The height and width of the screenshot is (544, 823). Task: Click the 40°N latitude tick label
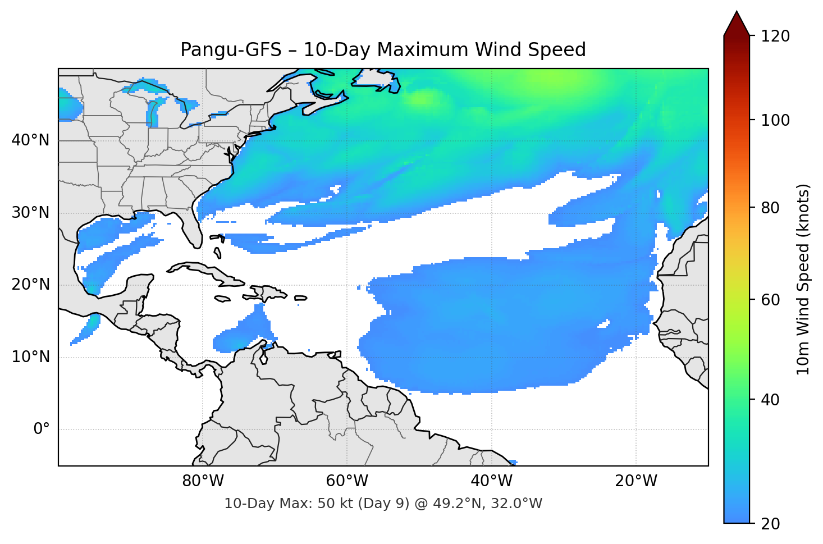pyautogui.click(x=30, y=140)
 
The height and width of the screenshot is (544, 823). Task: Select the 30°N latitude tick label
pyautogui.click(x=30, y=213)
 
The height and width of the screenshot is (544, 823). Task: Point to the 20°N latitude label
pyautogui.click(x=30, y=285)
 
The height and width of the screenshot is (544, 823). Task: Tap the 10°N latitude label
pyautogui.click(x=30, y=357)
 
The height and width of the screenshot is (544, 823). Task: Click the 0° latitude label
pyautogui.click(x=42, y=429)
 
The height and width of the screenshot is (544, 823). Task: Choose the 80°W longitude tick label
pyautogui.click(x=203, y=481)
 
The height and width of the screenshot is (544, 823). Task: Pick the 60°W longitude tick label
pyautogui.click(x=347, y=481)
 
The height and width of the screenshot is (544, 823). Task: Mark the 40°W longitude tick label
pyautogui.click(x=491, y=481)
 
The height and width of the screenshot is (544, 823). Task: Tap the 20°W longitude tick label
pyautogui.click(x=635, y=481)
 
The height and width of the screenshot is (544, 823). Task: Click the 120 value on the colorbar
pyautogui.click(x=775, y=36)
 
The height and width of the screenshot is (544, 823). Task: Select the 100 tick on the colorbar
pyautogui.click(x=775, y=120)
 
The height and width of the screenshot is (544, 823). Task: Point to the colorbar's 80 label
pyautogui.click(x=770, y=208)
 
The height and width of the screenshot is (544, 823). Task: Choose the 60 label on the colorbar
pyautogui.click(x=770, y=300)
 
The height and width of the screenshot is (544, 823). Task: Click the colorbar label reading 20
pyautogui.click(x=770, y=524)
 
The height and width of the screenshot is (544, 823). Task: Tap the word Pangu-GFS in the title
pyautogui.click(x=230, y=50)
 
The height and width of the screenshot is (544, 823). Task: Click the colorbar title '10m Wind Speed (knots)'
pyautogui.click(x=803, y=279)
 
